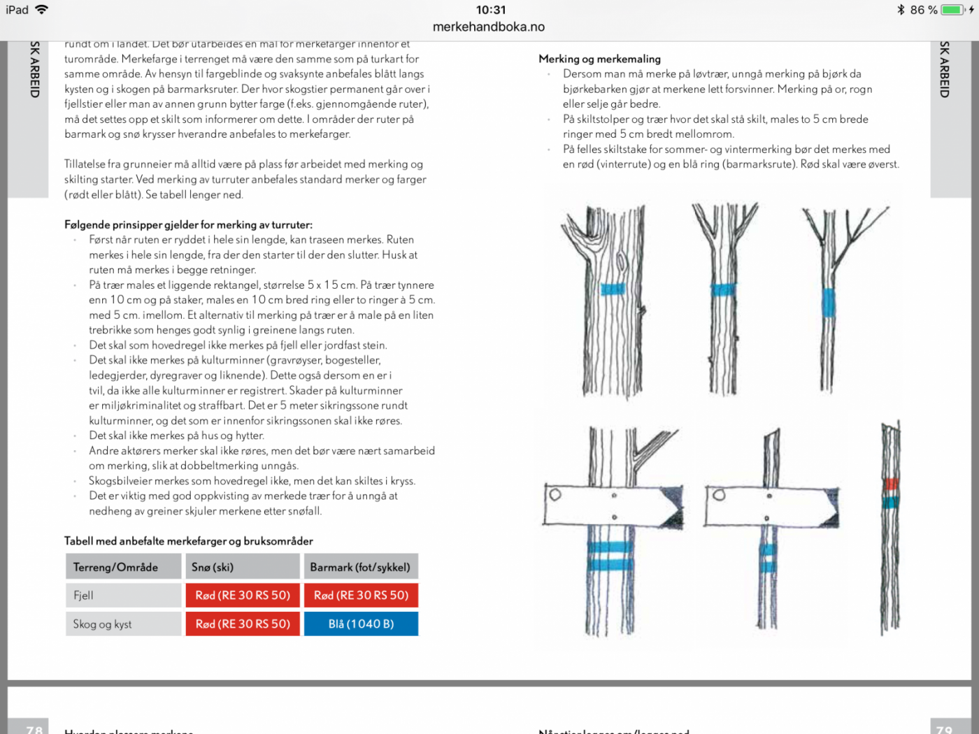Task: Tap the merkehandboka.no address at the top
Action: [489, 27]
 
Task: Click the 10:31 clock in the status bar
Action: [490, 10]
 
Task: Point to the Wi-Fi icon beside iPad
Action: [41, 10]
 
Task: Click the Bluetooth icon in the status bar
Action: [901, 10]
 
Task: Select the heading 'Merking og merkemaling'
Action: [599, 59]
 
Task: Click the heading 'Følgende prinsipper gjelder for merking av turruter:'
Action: [188, 224]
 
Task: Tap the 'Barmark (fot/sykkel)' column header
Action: [361, 567]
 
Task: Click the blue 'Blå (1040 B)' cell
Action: [361, 624]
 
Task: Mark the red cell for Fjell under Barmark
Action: [361, 596]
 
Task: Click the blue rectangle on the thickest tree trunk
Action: [613, 289]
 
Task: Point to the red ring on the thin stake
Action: [891, 484]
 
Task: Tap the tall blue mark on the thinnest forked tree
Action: [829, 303]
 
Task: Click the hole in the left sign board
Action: [555, 495]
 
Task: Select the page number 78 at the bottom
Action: [34, 729]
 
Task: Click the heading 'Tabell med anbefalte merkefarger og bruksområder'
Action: [189, 541]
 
